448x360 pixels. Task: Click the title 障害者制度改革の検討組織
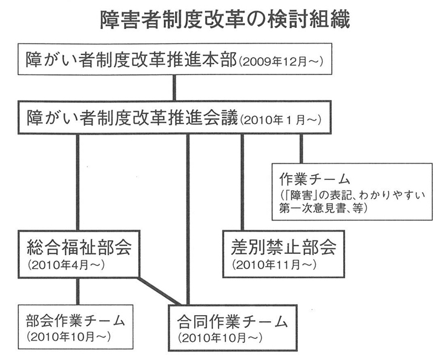(223, 21)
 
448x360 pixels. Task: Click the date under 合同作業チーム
(220, 335)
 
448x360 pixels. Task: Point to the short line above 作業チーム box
(301, 148)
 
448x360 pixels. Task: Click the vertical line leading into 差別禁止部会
(243, 182)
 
